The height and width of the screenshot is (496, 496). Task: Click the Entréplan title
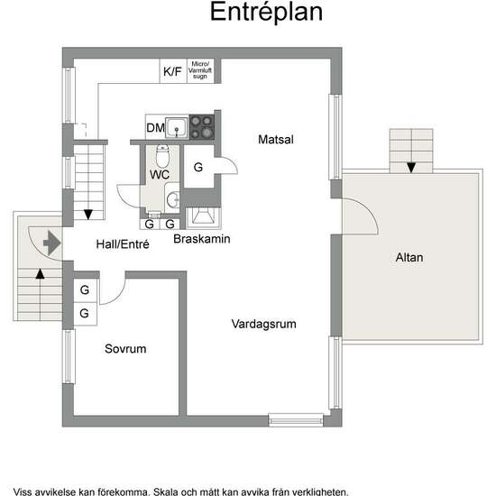click(266, 12)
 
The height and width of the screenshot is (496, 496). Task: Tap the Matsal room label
click(276, 140)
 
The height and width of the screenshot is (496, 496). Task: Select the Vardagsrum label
click(264, 324)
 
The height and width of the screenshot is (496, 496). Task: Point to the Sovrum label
click(125, 349)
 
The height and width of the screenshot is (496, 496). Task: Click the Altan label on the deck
click(409, 257)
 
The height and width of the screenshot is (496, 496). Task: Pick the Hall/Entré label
click(123, 244)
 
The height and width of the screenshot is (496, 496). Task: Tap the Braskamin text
click(202, 239)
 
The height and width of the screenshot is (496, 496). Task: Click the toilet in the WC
click(162, 156)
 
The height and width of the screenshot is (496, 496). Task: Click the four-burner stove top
click(201, 127)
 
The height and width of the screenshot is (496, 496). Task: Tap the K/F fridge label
click(172, 71)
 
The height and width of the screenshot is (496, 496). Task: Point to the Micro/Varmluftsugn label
click(200, 70)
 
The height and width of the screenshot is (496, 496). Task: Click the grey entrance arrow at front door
click(52, 243)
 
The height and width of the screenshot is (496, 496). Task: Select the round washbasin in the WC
click(173, 200)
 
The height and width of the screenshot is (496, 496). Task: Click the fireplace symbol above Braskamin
click(203, 217)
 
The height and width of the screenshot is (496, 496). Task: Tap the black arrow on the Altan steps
click(411, 168)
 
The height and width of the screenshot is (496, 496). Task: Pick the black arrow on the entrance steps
click(40, 274)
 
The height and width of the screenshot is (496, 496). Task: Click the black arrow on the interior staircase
click(88, 215)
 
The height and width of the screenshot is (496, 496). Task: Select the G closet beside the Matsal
click(198, 167)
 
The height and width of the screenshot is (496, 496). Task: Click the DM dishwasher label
click(155, 128)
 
